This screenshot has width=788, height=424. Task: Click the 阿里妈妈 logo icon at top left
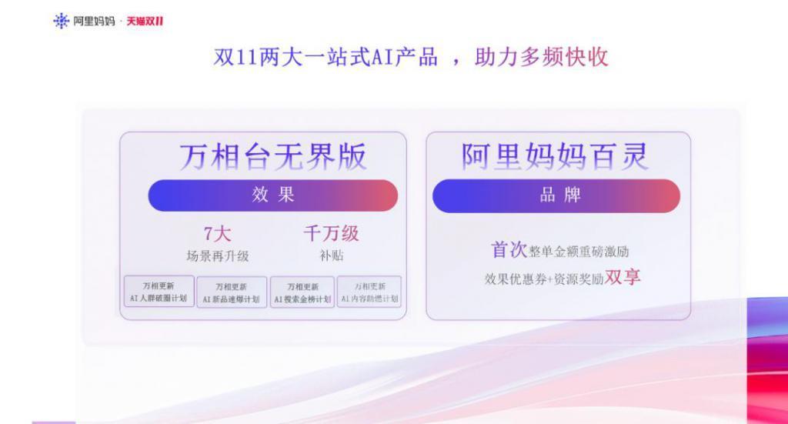(x=61, y=21)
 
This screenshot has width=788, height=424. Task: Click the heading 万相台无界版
(x=273, y=157)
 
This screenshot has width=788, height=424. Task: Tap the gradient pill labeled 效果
(x=272, y=195)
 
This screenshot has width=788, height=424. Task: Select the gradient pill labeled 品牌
(x=556, y=195)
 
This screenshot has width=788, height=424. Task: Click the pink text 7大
(x=217, y=234)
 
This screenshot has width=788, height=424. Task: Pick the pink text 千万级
(x=331, y=234)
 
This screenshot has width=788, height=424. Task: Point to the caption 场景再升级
(x=217, y=256)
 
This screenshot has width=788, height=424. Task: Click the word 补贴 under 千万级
(x=331, y=256)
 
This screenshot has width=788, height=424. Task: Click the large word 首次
(x=509, y=250)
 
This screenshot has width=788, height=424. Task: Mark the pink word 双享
(x=623, y=278)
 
